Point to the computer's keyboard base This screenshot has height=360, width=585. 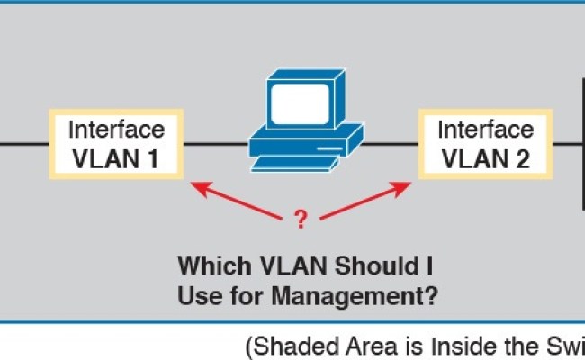[x=297, y=162]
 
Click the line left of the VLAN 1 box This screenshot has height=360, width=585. [x=22, y=144]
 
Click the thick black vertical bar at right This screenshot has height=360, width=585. [x=581, y=144]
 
